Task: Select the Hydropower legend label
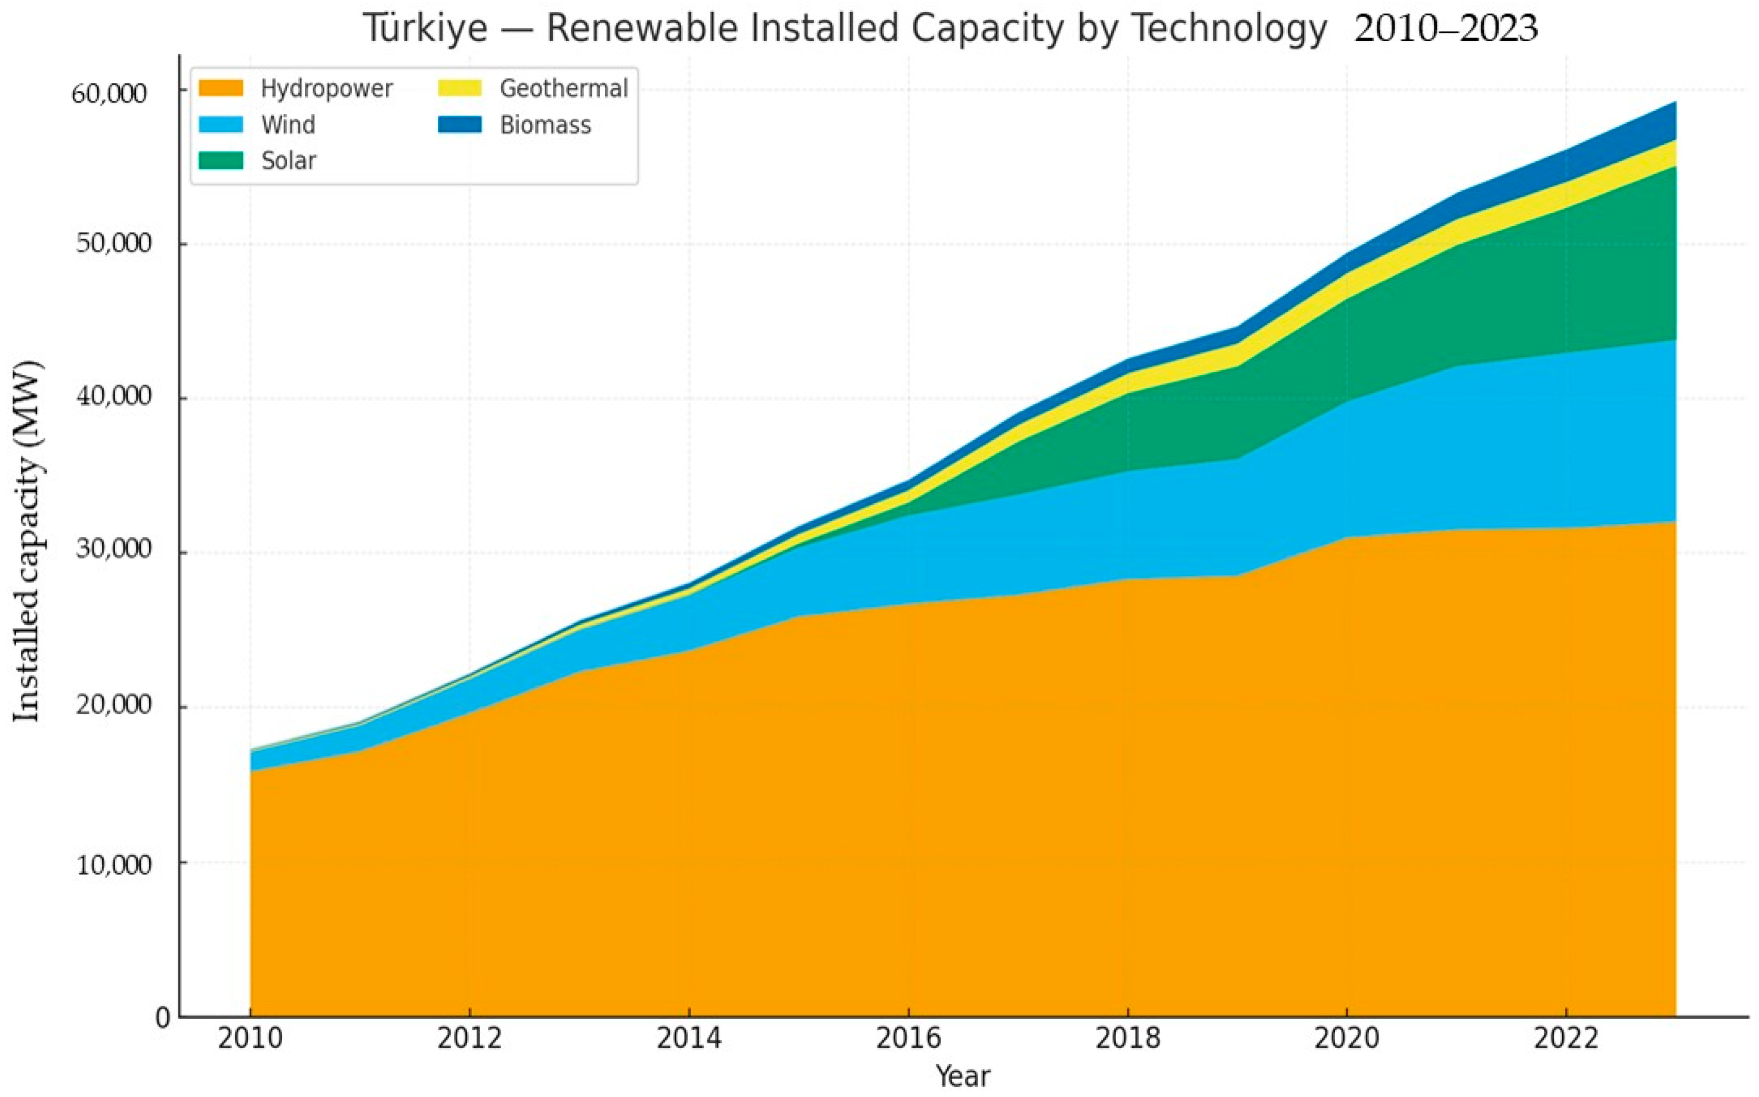[x=326, y=88]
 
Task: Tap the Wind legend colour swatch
[x=221, y=125]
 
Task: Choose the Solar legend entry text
[x=289, y=160]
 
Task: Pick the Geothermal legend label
[x=564, y=88]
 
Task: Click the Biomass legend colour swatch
[x=459, y=125]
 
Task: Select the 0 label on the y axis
[x=164, y=1018]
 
